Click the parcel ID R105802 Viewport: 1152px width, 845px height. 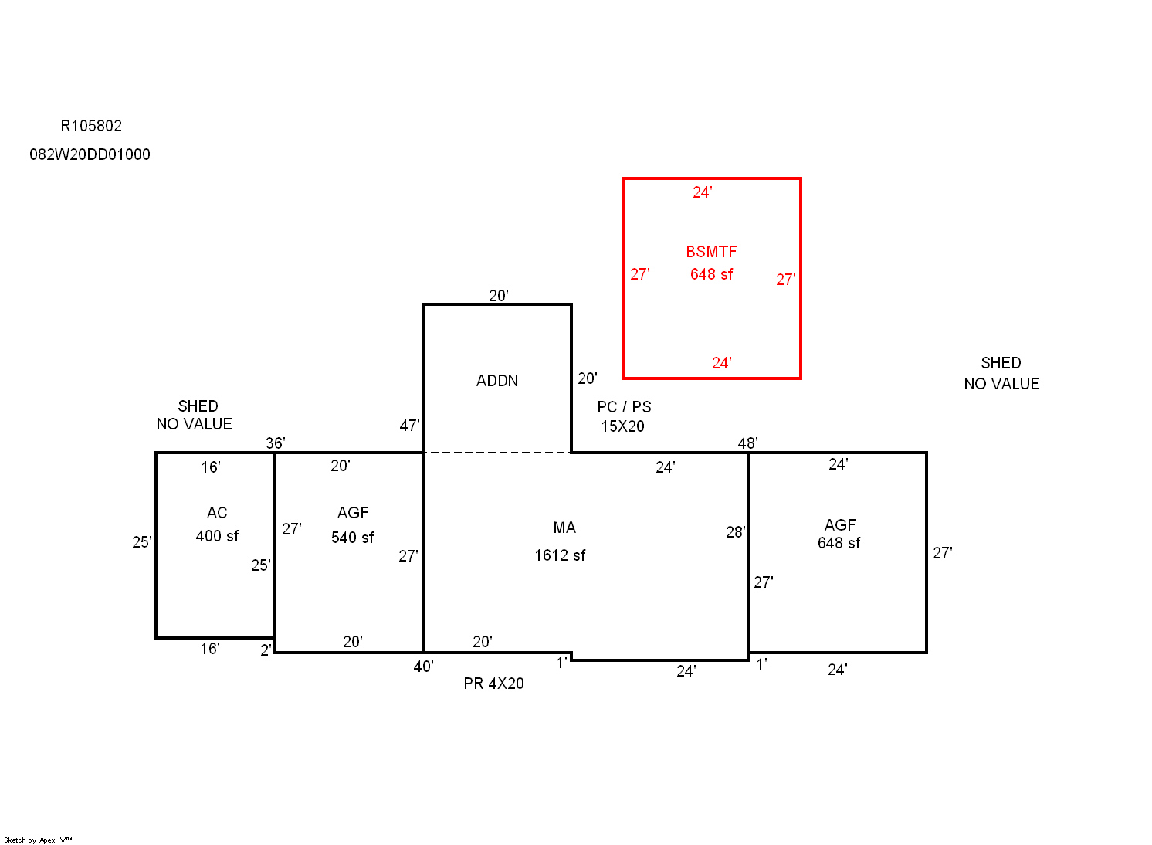point(91,126)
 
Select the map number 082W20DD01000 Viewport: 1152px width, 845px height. point(90,154)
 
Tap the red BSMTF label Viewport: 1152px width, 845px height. point(711,252)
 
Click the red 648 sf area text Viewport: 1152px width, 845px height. point(711,274)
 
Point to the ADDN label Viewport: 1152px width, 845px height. point(496,381)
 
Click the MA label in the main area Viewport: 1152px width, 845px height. point(564,528)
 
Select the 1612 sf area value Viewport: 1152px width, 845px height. point(560,555)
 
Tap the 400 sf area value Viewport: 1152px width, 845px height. point(217,536)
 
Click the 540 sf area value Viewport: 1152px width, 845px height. point(352,538)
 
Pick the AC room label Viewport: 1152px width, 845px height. point(216,513)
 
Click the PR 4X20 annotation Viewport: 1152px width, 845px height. point(493,684)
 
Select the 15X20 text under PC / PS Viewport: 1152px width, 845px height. point(623,426)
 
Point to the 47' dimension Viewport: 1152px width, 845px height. point(409,426)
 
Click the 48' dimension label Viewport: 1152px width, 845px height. point(747,443)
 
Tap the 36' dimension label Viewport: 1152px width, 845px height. point(276,443)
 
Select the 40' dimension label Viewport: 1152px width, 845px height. point(424,667)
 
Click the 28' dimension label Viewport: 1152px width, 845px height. point(735,532)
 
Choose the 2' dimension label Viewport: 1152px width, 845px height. point(266,650)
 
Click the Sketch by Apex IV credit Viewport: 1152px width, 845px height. point(38,840)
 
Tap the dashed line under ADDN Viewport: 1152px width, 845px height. point(497,453)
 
